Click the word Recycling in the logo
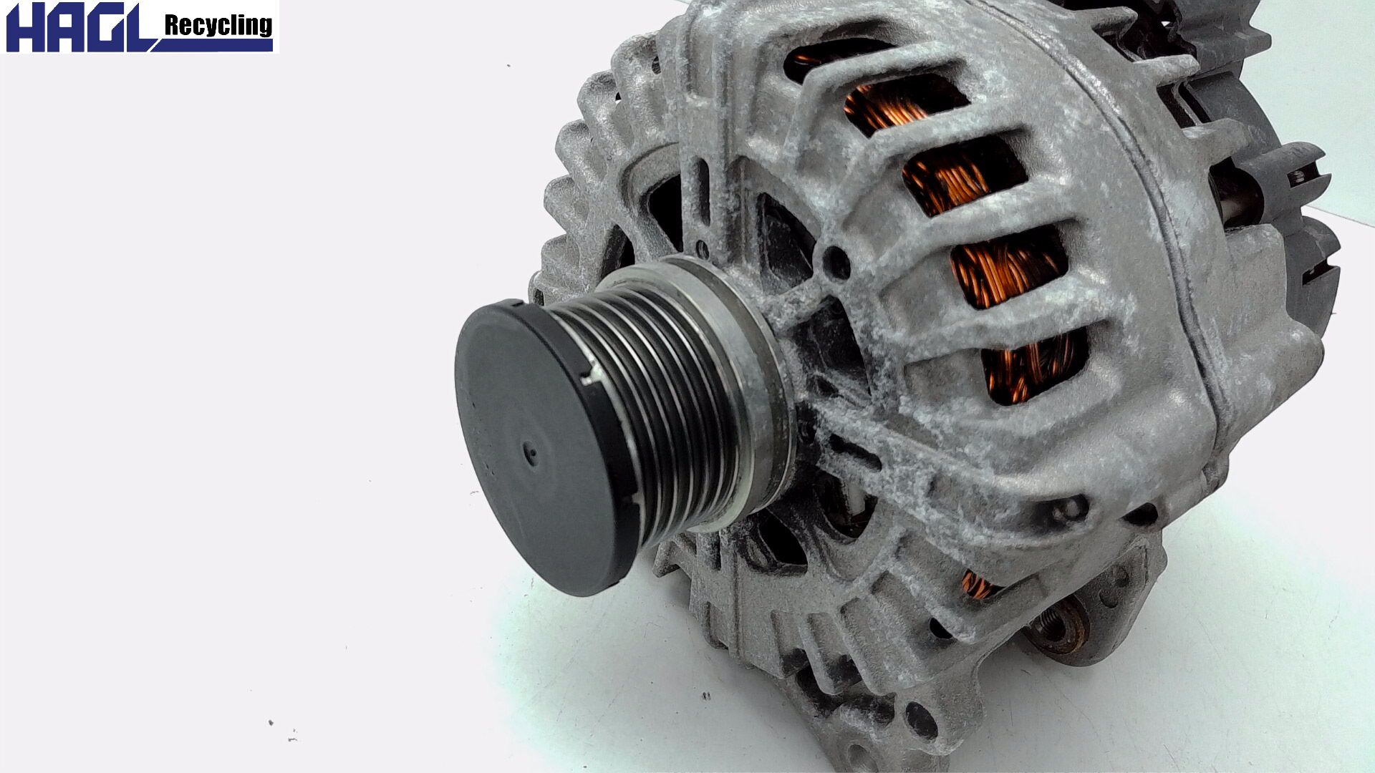218,26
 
